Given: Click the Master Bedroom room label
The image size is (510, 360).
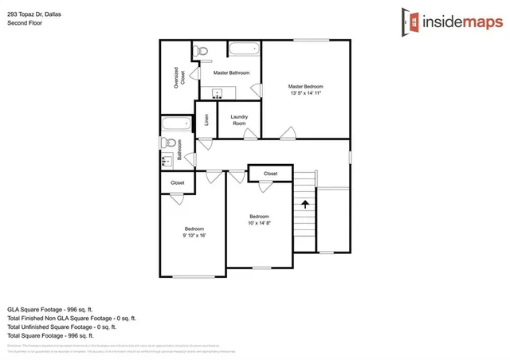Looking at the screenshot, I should tap(305, 86).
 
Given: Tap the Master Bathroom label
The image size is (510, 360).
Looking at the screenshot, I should tap(231, 72).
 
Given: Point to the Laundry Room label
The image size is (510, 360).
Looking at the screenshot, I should tap(239, 120).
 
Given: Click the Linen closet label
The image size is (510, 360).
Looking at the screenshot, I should tap(206, 120).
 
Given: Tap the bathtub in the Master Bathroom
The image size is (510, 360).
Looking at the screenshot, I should tap(245, 50).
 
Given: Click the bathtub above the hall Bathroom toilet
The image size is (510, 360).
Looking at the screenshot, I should tap(175, 123).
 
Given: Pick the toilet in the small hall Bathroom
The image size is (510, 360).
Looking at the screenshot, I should tap(167, 143).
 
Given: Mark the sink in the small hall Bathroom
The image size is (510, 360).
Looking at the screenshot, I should tap(167, 161).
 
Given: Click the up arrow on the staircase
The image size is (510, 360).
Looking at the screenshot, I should tap(304, 204).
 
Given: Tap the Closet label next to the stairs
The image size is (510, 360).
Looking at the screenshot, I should tap(270, 173).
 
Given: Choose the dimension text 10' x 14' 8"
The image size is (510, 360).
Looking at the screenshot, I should tap(259, 224).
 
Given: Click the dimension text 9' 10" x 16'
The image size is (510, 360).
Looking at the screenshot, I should tap(194, 236).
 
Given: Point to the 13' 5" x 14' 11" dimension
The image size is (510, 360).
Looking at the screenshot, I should tap(305, 93).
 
